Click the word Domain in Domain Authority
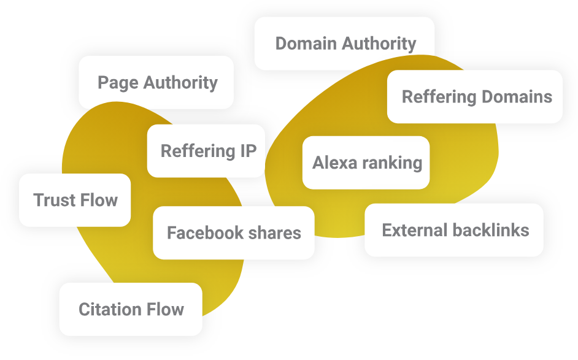pyautogui.click(x=306, y=44)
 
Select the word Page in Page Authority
pyautogui.click(x=117, y=82)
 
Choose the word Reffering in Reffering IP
pyautogui.click(x=195, y=151)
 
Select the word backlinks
pyautogui.click(x=491, y=230)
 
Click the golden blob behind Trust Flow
pyautogui.click(x=104, y=141)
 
